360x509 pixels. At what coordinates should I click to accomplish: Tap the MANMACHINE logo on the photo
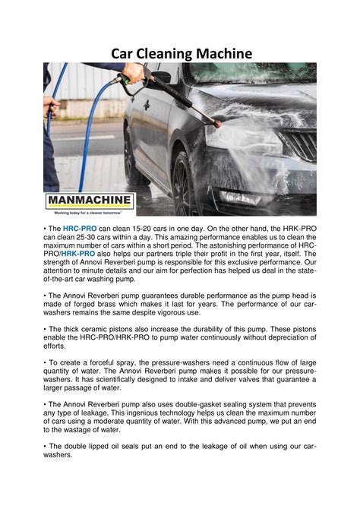click(90, 201)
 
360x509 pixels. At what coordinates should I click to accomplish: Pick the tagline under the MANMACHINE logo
click(90, 213)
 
